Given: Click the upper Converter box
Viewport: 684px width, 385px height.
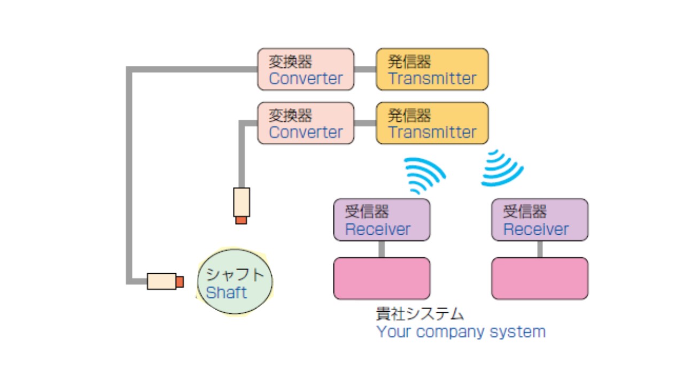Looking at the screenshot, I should [306, 70].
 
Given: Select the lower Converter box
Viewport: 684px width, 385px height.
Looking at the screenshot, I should [306, 123].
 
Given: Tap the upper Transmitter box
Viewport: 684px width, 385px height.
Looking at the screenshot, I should [432, 70].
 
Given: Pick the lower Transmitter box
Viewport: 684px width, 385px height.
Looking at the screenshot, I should [432, 123].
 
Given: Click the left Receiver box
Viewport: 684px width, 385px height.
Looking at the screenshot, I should [382, 220].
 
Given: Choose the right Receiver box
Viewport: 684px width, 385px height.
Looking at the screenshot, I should [540, 220].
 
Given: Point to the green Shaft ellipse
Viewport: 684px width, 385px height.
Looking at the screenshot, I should [235, 282].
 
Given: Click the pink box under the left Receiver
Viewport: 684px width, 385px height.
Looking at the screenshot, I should [382, 279].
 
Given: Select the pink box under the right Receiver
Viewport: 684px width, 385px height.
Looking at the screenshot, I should [540, 279].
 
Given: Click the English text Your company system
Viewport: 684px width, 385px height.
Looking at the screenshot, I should [461, 332].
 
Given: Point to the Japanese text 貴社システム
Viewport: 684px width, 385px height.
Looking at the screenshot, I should [420, 313].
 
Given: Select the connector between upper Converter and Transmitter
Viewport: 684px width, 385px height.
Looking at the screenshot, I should [365, 69].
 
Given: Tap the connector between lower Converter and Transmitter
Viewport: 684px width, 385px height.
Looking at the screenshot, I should [365, 123].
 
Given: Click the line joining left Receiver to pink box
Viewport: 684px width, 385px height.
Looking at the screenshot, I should [382, 249].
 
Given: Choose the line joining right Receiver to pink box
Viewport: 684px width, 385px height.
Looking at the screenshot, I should [540, 249].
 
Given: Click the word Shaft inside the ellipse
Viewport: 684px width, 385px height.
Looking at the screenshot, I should [227, 293].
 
